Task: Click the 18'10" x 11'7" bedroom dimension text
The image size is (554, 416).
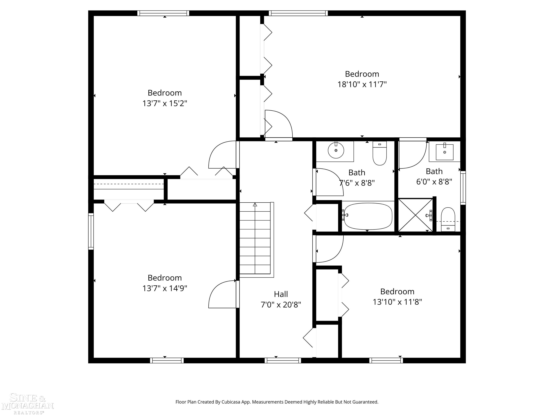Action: pos(362,84)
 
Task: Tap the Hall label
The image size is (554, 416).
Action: pos(281,294)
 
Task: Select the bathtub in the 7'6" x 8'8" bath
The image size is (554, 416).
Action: pos(368,216)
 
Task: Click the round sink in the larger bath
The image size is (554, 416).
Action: pos(336,150)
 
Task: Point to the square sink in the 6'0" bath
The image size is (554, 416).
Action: pos(445,152)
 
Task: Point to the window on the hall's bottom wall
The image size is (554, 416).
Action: pos(283,360)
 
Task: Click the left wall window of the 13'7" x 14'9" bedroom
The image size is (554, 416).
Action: pos(91,231)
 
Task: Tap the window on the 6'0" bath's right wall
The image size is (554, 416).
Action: pos(463,188)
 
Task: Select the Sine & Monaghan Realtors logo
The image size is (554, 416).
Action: pos(28,404)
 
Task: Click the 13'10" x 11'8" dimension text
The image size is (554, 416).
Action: pos(397,302)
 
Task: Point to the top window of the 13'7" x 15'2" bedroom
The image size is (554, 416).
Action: pos(163,13)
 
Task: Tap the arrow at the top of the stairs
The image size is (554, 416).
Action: pos(255,205)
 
